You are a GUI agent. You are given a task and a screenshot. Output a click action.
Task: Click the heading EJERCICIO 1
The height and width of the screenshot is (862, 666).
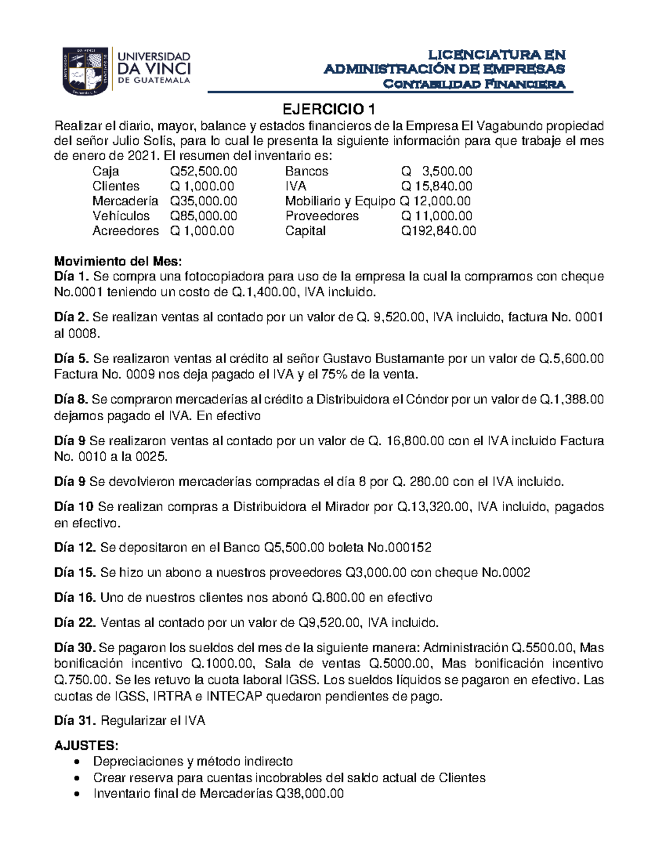[331, 108]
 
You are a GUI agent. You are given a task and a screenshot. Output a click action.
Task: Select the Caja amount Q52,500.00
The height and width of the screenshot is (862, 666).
[203, 172]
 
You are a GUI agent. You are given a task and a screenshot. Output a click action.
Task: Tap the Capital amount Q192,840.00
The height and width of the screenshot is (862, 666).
[438, 231]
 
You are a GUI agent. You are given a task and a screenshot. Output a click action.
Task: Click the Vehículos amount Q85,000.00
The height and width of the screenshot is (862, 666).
[203, 216]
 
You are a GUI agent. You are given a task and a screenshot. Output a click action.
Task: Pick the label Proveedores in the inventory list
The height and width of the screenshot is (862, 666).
[322, 216]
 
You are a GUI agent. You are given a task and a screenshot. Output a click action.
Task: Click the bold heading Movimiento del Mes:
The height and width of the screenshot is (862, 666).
[118, 261]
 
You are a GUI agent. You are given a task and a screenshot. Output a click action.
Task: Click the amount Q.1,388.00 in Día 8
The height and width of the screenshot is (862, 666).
[571, 400]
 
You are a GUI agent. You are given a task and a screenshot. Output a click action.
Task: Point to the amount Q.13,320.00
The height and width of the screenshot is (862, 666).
[433, 507]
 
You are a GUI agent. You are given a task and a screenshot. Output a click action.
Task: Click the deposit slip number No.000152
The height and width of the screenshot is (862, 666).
[399, 548]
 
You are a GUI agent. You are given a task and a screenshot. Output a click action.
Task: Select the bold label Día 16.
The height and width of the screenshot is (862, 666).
[75, 598]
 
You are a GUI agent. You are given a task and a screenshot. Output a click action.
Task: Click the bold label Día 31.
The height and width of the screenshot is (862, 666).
[75, 721]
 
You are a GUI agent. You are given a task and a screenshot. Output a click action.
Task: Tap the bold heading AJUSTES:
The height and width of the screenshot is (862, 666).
[86, 745]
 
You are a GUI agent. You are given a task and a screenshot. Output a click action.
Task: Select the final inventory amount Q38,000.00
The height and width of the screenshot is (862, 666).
[310, 794]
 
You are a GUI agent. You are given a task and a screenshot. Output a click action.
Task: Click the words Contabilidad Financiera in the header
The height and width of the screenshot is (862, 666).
[475, 84]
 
